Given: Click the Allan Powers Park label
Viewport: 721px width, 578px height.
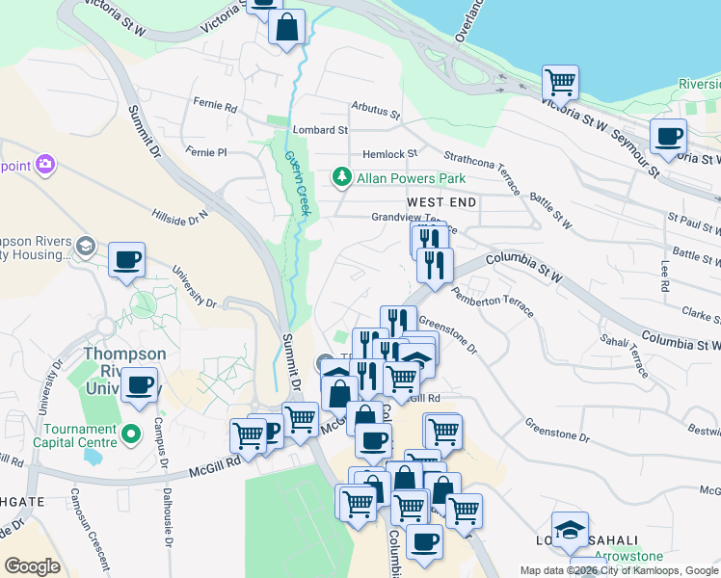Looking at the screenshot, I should pyautogui.click(x=412, y=178).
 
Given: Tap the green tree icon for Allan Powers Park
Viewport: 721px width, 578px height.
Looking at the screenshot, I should pyautogui.click(x=341, y=178).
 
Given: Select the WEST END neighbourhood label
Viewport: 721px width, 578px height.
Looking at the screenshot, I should pyautogui.click(x=441, y=202).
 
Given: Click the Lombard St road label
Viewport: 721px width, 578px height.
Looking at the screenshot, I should pyautogui.click(x=320, y=129).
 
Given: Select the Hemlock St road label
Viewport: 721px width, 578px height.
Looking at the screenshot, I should pyautogui.click(x=389, y=153).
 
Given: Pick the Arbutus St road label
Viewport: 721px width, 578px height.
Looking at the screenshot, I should pyautogui.click(x=375, y=111).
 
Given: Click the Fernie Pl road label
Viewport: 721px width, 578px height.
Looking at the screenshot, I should pyautogui.click(x=206, y=152).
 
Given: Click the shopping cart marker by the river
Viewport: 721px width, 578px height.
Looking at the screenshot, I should pyautogui.click(x=559, y=82).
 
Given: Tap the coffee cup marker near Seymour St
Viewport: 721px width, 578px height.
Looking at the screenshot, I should pyautogui.click(x=667, y=136).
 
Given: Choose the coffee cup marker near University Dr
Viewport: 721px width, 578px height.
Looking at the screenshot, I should pyautogui.click(x=126, y=259).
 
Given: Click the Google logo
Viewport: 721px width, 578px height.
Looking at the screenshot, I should pyautogui.click(x=32, y=566).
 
